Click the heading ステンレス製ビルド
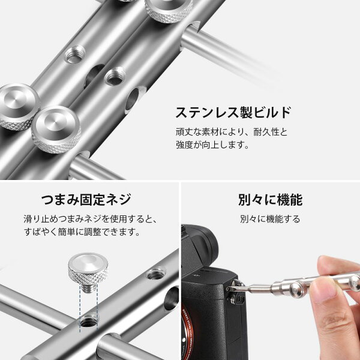click(x=233, y=112)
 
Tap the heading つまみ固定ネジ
click(x=86, y=199)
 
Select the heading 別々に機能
click(x=270, y=200)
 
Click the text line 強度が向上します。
click(x=212, y=145)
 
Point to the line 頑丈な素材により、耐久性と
click(x=232, y=132)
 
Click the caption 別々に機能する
click(x=270, y=219)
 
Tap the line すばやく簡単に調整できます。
click(x=82, y=232)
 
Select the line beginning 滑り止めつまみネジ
click(x=90, y=219)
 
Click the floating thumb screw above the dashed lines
click(x=88, y=273)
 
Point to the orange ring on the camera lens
click(x=187, y=331)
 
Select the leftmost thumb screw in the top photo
click(x=18, y=107)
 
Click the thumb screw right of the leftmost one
click(x=56, y=129)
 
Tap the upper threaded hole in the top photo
click(x=75, y=54)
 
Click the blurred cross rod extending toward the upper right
click(x=230, y=55)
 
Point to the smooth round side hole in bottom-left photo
click(x=172, y=298)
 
